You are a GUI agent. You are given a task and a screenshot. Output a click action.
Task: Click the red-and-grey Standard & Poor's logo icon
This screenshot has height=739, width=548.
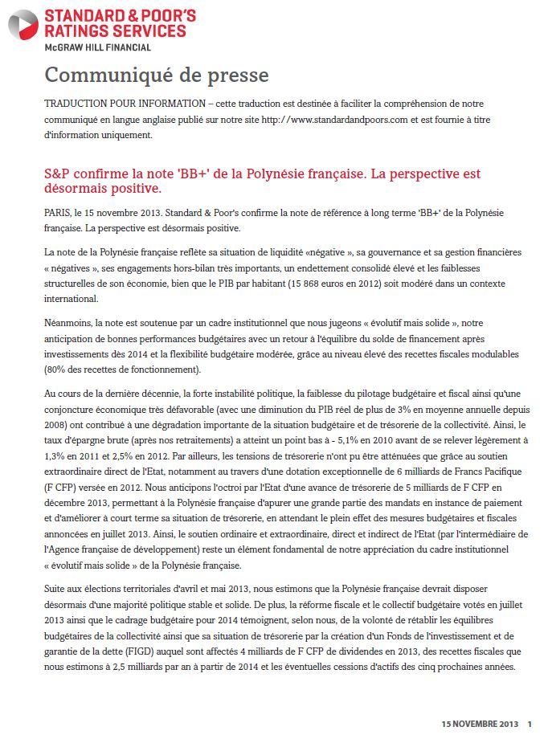point(22,24)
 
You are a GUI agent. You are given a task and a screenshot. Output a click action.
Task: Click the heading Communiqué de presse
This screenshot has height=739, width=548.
point(157,76)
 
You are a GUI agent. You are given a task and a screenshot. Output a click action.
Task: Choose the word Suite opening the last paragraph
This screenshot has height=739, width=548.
point(57,589)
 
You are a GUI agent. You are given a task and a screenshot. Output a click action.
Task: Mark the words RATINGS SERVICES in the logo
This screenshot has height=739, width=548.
point(115,31)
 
